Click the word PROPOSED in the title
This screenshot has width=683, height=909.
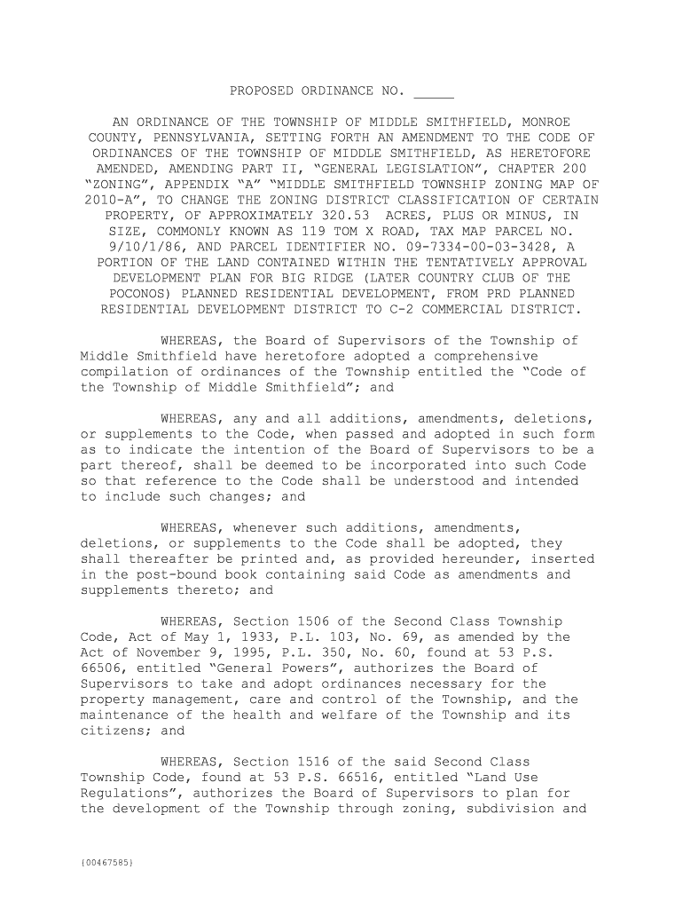tap(262, 91)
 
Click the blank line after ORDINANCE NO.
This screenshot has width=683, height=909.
tap(434, 92)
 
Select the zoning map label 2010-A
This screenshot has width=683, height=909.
tap(107, 200)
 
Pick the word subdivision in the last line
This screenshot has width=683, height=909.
tap(507, 809)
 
